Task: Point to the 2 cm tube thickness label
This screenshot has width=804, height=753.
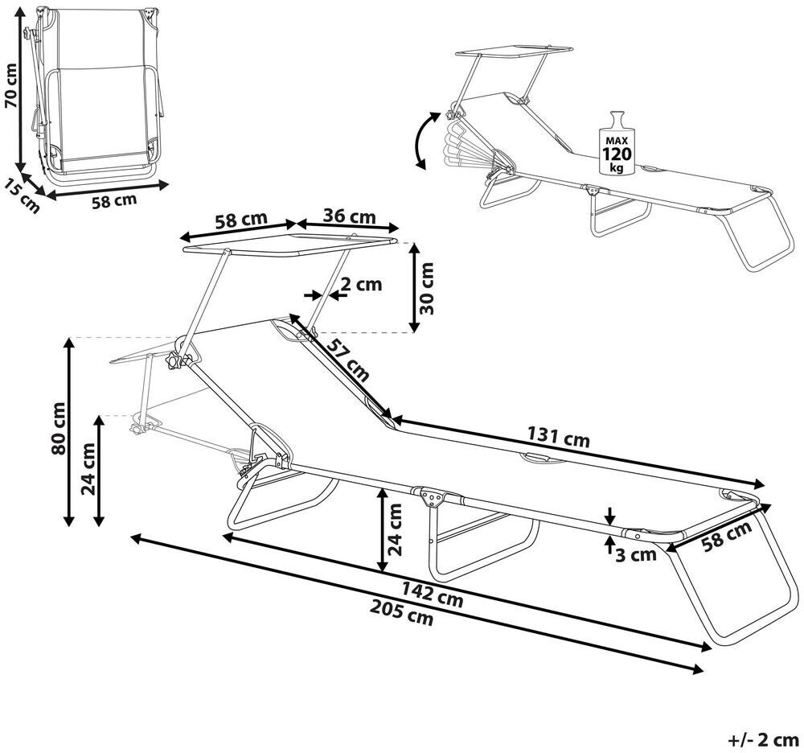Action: (x=360, y=284)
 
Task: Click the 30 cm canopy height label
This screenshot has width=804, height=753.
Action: (x=429, y=287)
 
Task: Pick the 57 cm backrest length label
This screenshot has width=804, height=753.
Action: (x=348, y=359)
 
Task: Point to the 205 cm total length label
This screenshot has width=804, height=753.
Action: (x=405, y=615)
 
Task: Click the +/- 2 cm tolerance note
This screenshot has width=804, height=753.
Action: (x=763, y=738)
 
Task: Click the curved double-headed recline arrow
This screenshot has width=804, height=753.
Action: (x=423, y=140)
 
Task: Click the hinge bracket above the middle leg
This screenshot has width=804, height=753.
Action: (x=432, y=496)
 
